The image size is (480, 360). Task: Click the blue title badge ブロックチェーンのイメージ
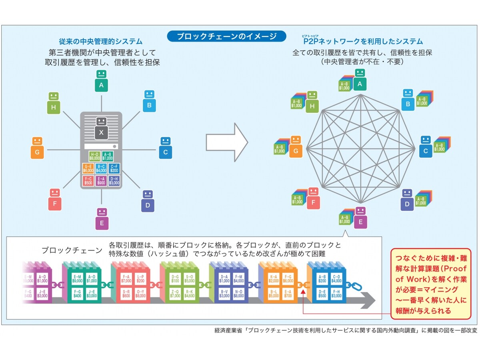click(x=226, y=36)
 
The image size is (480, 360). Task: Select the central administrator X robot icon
click(x=101, y=128)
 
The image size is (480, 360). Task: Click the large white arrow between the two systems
click(x=227, y=143)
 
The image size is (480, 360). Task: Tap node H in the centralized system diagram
click(x=54, y=102)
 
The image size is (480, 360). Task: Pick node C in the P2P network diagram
click(x=426, y=147)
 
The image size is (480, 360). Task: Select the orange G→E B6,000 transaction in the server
click(x=88, y=168)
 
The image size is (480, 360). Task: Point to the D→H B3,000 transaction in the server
click(x=114, y=181)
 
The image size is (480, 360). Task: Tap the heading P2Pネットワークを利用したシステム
click(x=362, y=42)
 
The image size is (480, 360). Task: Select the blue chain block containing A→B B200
click(x=326, y=284)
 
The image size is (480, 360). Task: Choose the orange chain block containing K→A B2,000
click(x=278, y=284)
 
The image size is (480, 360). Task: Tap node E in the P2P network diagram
click(x=360, y=217)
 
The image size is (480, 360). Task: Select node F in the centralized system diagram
click(x=54, y=200)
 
